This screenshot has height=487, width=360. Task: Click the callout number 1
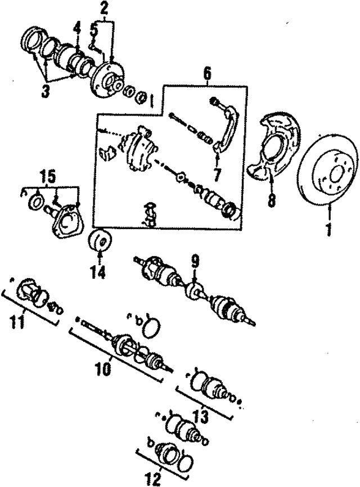pyautogui.click(x=328, y=230)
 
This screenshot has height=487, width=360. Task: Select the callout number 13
pyautogui.click(x=201, y=417)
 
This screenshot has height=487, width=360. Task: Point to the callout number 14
pyautogui.click(x=98, y=272)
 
